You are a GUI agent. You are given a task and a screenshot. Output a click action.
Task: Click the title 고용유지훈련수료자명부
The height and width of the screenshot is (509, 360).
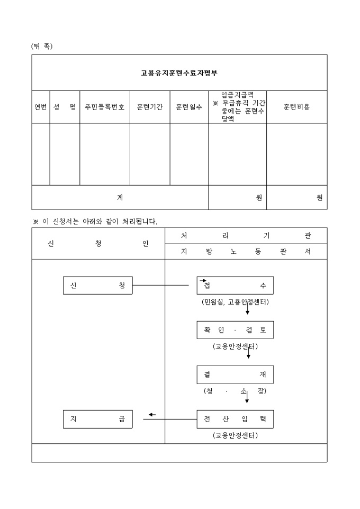click(x=179, y=73)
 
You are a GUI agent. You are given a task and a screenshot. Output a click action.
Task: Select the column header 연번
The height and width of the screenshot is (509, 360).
click(x=41, y=107)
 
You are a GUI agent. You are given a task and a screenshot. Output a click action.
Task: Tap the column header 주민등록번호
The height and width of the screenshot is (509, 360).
click(x=105, y=107)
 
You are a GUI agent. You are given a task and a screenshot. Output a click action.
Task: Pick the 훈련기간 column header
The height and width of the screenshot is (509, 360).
click(x=150, y=107)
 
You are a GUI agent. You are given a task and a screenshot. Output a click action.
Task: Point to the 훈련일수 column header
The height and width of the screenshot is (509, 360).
click(x=189, y=107)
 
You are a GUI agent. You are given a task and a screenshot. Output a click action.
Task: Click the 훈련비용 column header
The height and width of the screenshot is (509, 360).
click(x=296, y=107)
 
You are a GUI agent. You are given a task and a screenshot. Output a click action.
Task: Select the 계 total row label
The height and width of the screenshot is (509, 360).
click(x=120, y=197)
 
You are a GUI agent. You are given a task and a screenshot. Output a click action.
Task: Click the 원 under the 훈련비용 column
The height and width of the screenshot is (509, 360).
click(x=319, y=197)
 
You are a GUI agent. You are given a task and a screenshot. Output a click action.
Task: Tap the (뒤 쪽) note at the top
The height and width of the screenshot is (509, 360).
click(x=42, y=46)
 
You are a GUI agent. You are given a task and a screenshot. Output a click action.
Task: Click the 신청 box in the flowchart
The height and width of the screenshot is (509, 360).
click(x=97, y=286)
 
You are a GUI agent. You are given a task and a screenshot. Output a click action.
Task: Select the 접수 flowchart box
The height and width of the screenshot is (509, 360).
click(x=235, y=286)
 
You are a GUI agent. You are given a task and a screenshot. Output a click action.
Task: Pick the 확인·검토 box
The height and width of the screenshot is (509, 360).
click(x=235, y=330)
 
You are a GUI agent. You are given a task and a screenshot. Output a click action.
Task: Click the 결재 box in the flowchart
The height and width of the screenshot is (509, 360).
click(x=235, y=375)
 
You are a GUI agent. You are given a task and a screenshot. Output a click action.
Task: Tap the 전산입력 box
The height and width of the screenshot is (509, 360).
click(x=235, y=419)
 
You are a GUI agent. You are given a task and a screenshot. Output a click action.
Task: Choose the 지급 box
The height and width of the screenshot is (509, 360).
click(x=97, y=419)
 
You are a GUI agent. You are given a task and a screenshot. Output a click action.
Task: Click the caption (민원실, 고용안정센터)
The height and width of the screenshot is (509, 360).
click(x=235, y=302)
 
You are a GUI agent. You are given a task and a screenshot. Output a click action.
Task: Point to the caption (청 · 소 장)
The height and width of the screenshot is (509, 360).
click(x=235, y=391)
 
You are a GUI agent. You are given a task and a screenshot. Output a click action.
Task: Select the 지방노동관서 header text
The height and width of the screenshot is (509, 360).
click(x=246, y=252)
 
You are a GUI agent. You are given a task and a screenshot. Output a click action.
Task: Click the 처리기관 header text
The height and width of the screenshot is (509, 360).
click(x=246, y=235)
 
